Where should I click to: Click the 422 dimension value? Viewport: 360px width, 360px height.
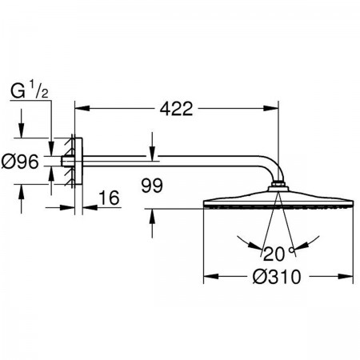176,109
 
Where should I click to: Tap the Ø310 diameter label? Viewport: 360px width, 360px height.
277,277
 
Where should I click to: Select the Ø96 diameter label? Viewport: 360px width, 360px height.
20,162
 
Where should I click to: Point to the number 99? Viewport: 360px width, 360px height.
152,186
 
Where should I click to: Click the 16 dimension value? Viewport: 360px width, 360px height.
109,198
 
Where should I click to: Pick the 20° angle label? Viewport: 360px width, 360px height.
278,254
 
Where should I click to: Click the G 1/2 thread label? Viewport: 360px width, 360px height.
30,90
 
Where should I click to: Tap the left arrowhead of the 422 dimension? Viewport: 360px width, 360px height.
82,108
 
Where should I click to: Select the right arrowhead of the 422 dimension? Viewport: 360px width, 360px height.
271,108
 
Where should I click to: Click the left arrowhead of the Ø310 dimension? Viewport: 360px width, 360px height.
211,276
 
